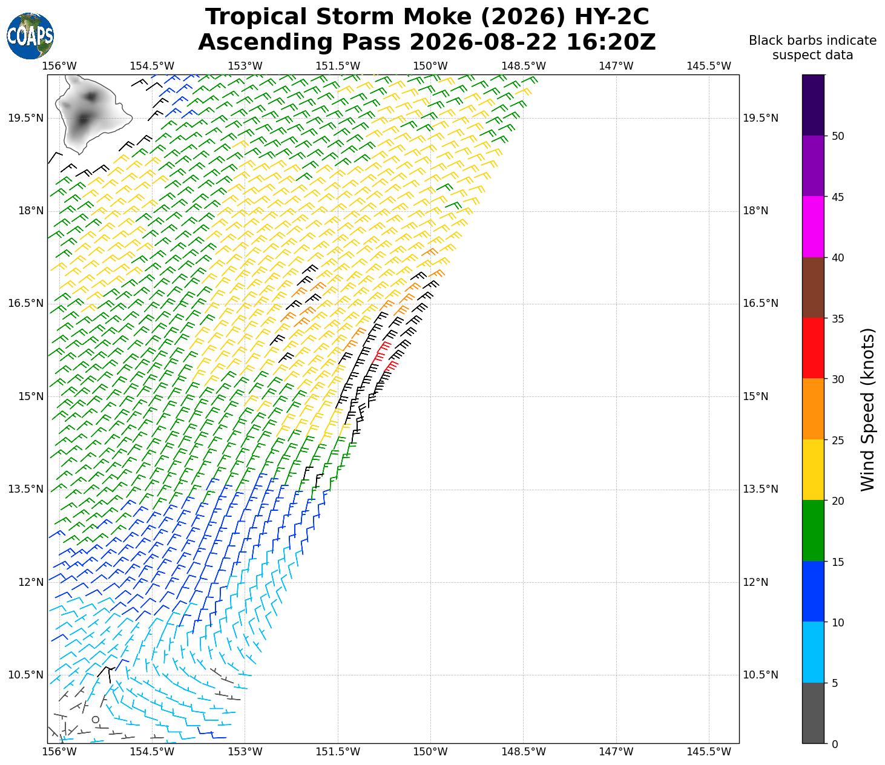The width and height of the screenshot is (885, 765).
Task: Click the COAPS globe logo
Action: coord(30,36)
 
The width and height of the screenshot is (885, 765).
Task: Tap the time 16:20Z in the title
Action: coord(611,42)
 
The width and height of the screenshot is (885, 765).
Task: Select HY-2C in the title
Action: coord(611,17)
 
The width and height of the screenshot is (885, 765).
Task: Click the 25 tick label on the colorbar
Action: coord(837,440)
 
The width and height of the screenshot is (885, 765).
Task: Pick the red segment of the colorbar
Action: coord(812,348)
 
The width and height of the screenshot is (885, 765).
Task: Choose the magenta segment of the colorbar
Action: coord(812,227)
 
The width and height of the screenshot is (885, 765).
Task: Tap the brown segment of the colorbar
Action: coord(812,287)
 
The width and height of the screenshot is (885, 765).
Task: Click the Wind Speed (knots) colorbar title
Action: coord(867,410)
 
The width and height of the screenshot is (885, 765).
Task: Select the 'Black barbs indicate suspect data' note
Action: coord(812,48)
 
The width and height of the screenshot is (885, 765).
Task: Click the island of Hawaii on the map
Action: coord(92,113)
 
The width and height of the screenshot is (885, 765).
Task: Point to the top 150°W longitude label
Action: coord(430,66)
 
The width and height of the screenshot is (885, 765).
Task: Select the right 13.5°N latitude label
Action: coord(760,489)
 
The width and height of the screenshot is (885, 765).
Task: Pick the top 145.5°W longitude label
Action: coord(709,66)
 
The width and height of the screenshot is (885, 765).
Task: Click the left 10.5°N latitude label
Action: coord(25,675)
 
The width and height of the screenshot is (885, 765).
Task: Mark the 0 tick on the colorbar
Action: coord(835,744)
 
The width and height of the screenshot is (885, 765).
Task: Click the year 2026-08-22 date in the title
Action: coord(483,42)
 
